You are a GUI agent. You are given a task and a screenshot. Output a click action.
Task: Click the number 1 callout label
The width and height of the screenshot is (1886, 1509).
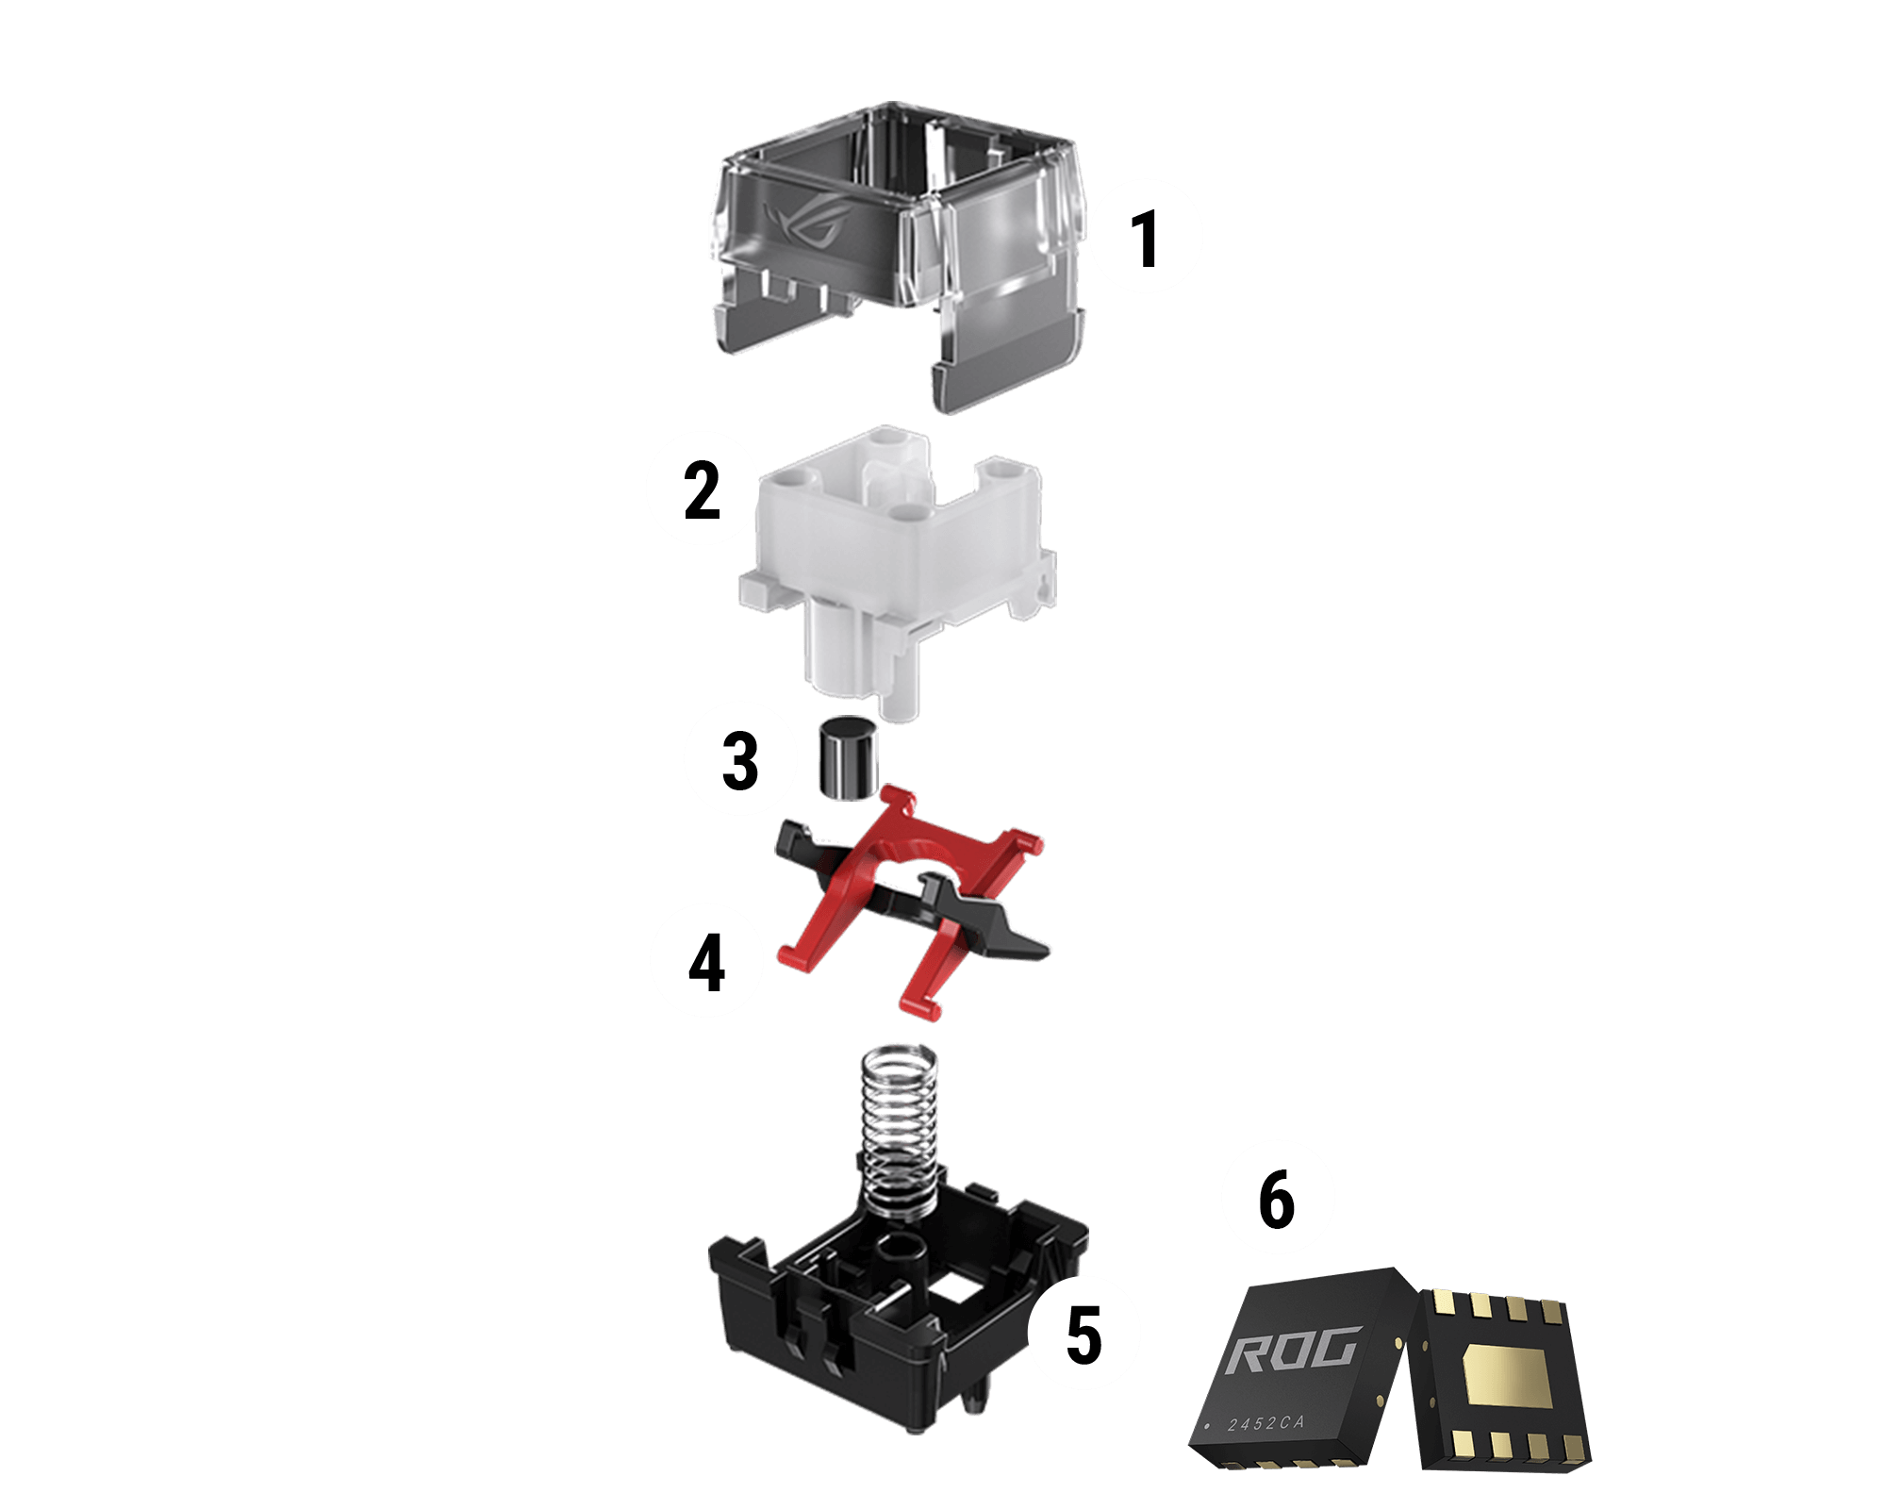1144,240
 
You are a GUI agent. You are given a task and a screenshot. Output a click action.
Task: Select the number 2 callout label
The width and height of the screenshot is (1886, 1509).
702,490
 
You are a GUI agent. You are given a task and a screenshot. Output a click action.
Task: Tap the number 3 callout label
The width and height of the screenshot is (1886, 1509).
740,760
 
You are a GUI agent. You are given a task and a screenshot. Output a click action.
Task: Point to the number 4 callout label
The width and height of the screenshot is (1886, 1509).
706,963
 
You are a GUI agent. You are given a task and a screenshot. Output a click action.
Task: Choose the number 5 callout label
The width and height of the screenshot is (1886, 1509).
1084,1335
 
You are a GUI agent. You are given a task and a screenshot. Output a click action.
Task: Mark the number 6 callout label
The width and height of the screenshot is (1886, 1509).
1277,1200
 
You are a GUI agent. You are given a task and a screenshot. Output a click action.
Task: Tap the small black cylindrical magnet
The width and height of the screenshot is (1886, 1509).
846,758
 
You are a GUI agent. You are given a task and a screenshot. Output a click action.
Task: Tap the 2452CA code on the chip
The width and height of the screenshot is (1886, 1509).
1266,1422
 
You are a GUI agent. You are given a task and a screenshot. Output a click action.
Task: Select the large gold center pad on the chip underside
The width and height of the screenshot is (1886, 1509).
1507,1376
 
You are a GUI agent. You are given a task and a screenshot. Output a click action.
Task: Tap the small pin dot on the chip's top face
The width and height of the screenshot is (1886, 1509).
1207,1427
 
